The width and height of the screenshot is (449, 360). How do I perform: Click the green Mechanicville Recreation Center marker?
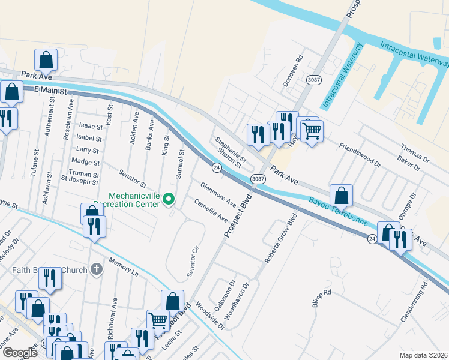coord(169,198)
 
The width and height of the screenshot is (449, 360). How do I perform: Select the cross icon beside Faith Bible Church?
coord(96,270)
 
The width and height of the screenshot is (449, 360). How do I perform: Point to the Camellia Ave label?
coord(211,209)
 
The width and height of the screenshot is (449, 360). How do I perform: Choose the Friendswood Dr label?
coord(360,154)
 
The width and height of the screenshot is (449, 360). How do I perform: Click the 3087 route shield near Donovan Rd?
coord(313,80)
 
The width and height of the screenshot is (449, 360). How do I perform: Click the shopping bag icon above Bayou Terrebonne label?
coord(341,195)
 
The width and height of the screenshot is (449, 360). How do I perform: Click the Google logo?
coord(20,353)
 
